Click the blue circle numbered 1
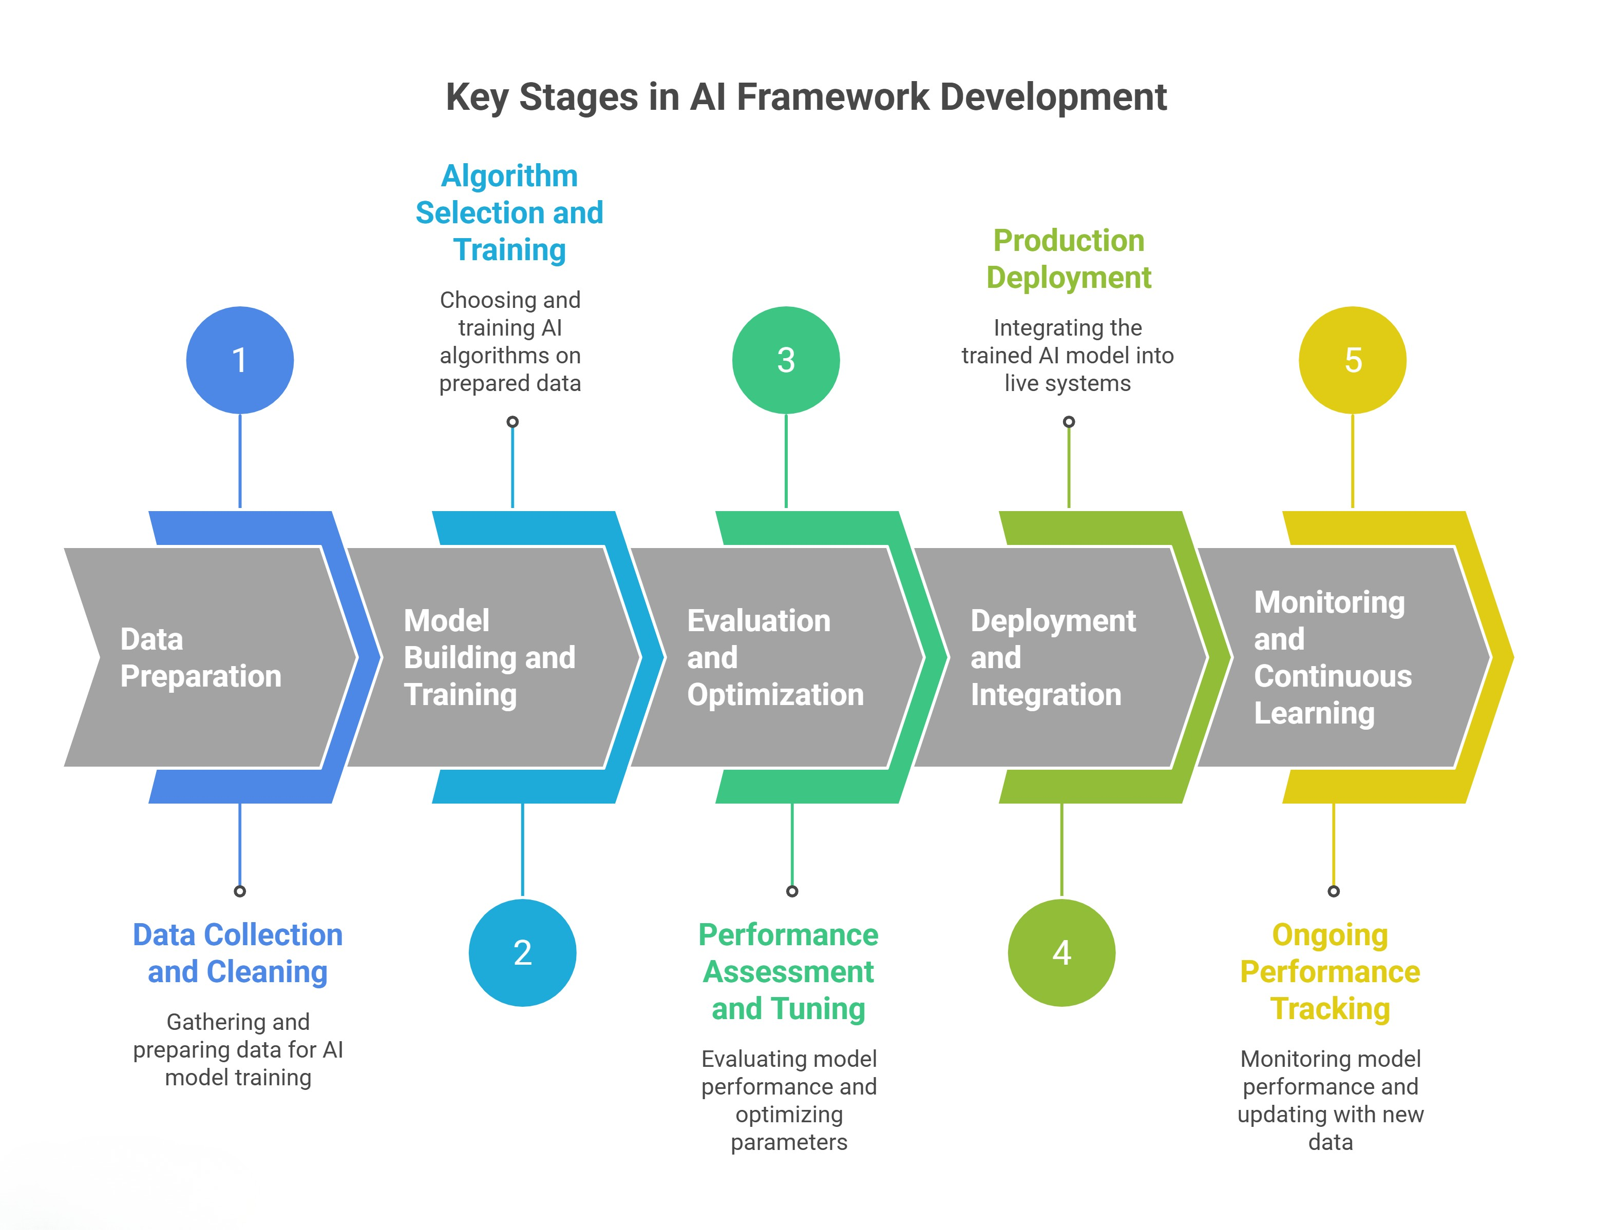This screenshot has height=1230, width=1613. (x=239, y=360)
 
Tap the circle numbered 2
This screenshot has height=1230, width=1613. (x=522, y=952)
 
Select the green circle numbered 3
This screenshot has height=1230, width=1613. (x=786, y=360)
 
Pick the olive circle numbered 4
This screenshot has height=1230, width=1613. (x=1061, y=952)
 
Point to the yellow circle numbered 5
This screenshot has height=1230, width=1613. (x=1352, y=360)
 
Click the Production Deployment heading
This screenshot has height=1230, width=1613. (x=1069, y=259)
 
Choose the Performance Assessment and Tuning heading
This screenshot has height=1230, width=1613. (x=789, y=971)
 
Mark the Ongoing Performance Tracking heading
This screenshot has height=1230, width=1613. (x=1330, y=971)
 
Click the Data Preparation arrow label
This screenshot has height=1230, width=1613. (x=201, y=657)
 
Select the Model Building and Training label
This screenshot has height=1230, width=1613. (x=489, y=657)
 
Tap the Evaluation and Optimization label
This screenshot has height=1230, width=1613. (x=775, y=657)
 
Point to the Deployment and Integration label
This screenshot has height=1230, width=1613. (x=1053, y=657)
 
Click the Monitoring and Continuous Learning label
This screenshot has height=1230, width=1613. (x=1333, y=657)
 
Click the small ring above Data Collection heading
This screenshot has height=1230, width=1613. (x=239, y=891)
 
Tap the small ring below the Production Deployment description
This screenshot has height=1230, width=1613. (x=1069, y=422)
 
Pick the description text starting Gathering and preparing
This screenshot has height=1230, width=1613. (x=238, y=1049)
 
